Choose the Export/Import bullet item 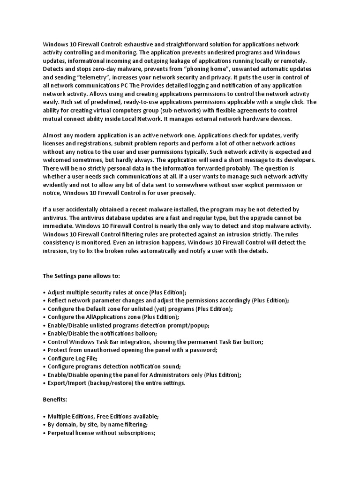[x=116, y=383]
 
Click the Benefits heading [x=55, y=399]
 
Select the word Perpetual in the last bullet [x=63, y=433]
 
